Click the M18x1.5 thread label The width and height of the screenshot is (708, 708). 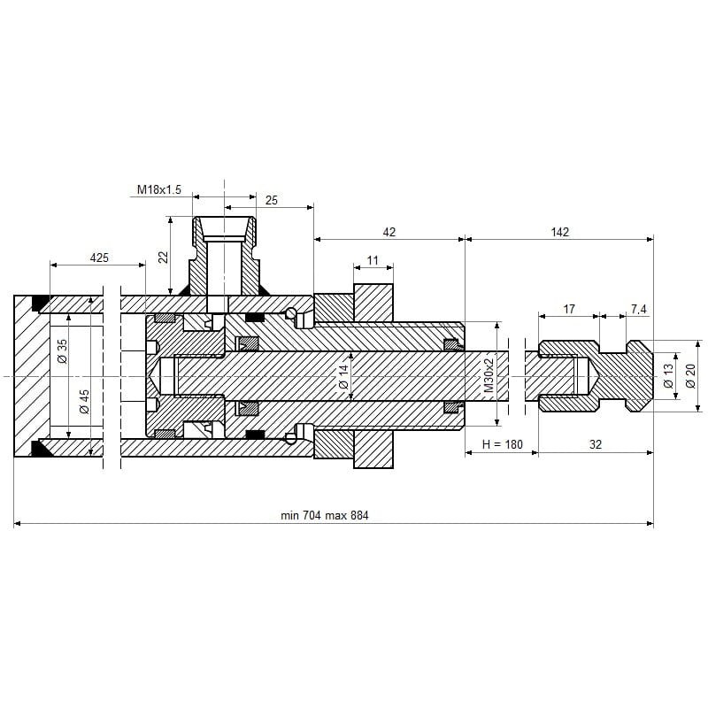point(159,189)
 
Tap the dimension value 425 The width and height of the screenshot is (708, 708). point(99,258)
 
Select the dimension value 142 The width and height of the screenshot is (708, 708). point(559,232)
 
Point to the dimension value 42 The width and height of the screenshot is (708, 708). point(389,232)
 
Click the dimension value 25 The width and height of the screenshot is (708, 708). point(272,201)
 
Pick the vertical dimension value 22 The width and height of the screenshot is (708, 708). point(163,257)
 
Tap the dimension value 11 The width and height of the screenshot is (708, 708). point(373,260)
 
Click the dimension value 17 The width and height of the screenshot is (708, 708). point(569,309)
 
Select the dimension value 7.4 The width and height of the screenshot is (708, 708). point(639,309)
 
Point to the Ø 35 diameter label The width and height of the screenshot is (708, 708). point(62,351)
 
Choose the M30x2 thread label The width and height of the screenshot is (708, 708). point(488,376)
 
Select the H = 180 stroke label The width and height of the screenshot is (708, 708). point(502,444)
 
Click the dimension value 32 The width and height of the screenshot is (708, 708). point(595,444)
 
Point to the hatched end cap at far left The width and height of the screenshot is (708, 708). point(27,376)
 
